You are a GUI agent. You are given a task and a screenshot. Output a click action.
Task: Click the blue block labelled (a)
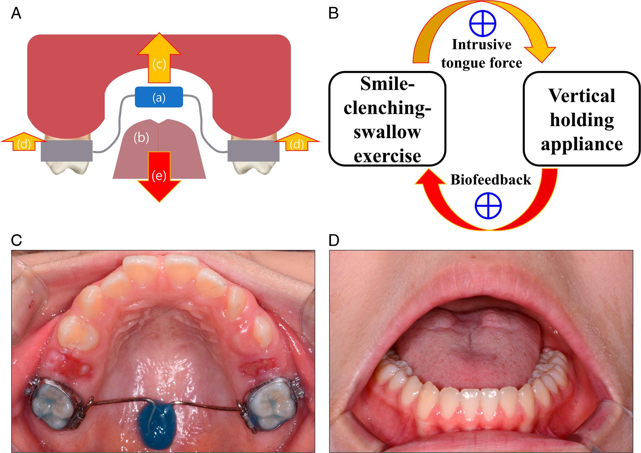(x=159, y=97)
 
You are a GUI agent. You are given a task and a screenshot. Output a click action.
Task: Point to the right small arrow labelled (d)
(x=297, y=142)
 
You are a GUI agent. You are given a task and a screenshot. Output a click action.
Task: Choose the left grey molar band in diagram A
(x=67, y=151)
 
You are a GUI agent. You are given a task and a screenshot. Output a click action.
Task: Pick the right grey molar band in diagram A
(x=253, y=151)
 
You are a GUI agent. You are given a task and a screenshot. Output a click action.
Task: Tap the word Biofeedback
(x=491, y=180)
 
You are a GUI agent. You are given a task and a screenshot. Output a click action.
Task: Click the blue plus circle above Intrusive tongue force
(x=483, y=23)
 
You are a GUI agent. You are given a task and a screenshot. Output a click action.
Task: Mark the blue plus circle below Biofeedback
(x=488, y=206)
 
